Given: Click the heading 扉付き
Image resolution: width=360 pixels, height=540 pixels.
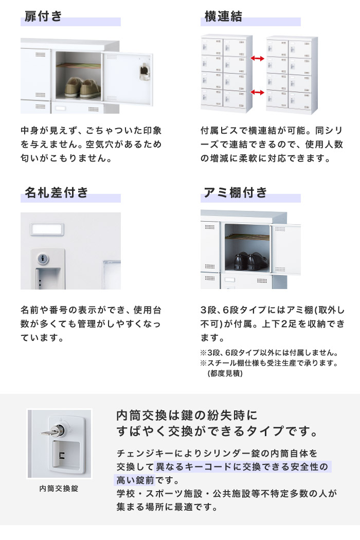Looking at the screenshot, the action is pyautogui.click(x=43, y=16).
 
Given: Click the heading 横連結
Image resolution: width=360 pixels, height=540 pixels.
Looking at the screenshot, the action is pyautogui.click(x=223, y=16).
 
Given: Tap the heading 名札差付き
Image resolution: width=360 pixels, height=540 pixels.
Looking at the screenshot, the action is pyautogui.click(x=57, y=192).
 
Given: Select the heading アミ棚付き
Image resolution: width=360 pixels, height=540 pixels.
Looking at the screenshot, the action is pyautogui.click(x=236, y=192).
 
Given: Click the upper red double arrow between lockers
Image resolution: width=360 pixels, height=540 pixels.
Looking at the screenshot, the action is pyautogui.click(x=257, y=59).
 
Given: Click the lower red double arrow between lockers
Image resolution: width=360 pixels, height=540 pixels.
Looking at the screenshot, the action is pyautogui.click(x=257, y=92).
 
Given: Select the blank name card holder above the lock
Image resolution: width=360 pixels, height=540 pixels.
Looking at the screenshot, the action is pyautogui.click(x=47, y=229).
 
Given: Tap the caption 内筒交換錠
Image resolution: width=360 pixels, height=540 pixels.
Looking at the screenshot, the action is pyautogui.click(x=59, y=489).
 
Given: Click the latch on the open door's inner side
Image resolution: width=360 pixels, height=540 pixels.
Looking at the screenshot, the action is pyautogui.click(x=145, y=71).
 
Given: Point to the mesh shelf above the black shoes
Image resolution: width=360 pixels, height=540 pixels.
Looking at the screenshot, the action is pyautogui.click(x=247, y=237).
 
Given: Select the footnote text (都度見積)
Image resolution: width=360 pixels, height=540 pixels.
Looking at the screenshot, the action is pyautogui.click(x=225, y=373).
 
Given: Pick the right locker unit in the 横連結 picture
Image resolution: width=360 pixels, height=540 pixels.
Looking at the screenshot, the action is pyautogui.click(x=292, y=75).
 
